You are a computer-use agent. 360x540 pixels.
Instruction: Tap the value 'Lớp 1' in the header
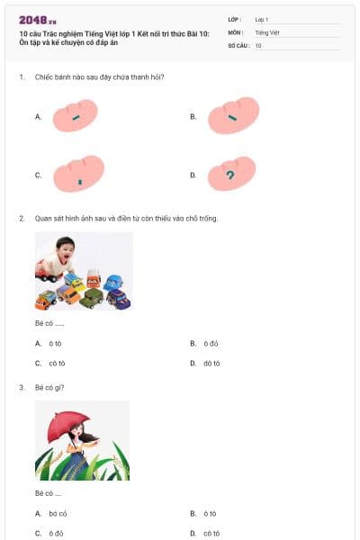tap(262, 19)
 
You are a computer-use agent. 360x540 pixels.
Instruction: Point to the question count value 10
tap(258, 45)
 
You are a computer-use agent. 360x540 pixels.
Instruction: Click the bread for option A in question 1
tap(76, 115)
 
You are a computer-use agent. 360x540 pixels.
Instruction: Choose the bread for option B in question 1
tap(234, 115)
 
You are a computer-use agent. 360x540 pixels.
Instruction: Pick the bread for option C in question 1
tap(79, 175)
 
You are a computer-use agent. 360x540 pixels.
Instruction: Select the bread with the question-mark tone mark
tap(232, 175)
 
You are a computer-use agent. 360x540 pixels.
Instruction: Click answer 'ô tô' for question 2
tap(55, 343)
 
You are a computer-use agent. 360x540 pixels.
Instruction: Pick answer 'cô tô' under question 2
tap(57, 364)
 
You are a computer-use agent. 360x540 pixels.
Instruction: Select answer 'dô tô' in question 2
tap(211, 364)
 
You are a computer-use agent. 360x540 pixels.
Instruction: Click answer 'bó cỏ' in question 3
tap(58, 513)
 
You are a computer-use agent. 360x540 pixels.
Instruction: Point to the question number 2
tap(21, 218)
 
